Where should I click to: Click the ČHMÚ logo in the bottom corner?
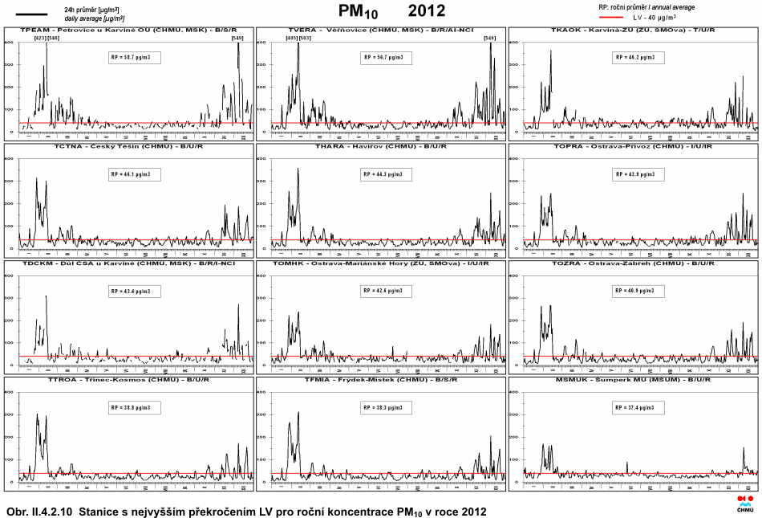pyautogui.click(x=745, y=503)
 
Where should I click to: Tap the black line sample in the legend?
pyautogui.click(x=32, y=13)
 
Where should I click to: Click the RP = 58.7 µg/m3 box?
pyautogui.click(x=135, y=58)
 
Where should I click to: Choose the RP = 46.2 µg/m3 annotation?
pyautogui.click(x=639, y=58)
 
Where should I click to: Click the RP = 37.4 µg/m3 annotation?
pyautogui.click(x=639, y=407)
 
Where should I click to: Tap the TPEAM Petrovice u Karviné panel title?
pyautogui.click(x=129, y=31)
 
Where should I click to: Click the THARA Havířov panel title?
pyautogui.click(x=381, y=147)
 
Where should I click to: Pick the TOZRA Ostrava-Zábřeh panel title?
pyautogui.click(x=633, y=263)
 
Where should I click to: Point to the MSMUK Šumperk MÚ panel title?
pyautogui.click(x=633, y=379)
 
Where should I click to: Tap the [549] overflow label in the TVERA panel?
pyautogui.click(x=489, y=38)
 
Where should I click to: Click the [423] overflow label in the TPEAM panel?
pyautogui.click(x=40, y=38)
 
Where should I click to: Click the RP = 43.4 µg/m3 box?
pyautogui.click(x=135, y=291)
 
